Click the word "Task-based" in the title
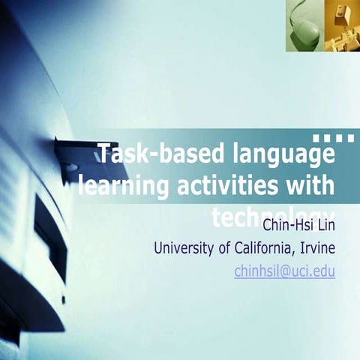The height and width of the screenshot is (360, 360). pyautogui.click(x=143, y=156)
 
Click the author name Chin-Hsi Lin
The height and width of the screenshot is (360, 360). pyautogui.click(x=298, y=225)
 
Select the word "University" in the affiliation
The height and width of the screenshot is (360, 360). pyautogui.click(x=184, y=248)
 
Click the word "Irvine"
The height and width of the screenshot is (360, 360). pyautogui.click(x=316, y=248)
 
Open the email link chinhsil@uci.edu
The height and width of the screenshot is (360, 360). pyautogui.click(x=285, y=271)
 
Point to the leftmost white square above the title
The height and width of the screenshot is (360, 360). pyautogui.click(x=315, y=137)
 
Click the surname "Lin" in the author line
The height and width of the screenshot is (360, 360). pyautogui.click(x=325, y=225)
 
